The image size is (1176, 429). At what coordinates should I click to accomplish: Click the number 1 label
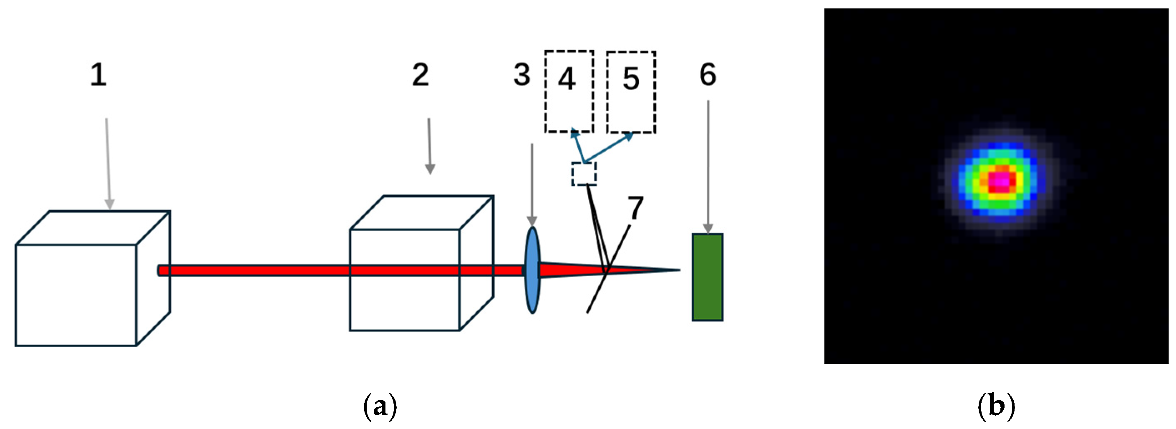coord(98,75)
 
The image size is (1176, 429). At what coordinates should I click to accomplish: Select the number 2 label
coord(420,75)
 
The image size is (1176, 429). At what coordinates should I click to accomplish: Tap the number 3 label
coord(521,75)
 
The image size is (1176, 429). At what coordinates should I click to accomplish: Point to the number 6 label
coord(708,75)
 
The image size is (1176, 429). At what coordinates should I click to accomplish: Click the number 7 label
coord(635,208)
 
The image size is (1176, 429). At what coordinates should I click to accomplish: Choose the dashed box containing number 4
coord(569,91)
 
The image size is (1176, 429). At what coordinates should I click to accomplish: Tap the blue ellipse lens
coord(532,270)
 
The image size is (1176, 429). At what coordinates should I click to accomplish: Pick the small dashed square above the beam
coord(584,174)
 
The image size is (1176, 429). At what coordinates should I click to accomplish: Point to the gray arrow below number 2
coord(429,146)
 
